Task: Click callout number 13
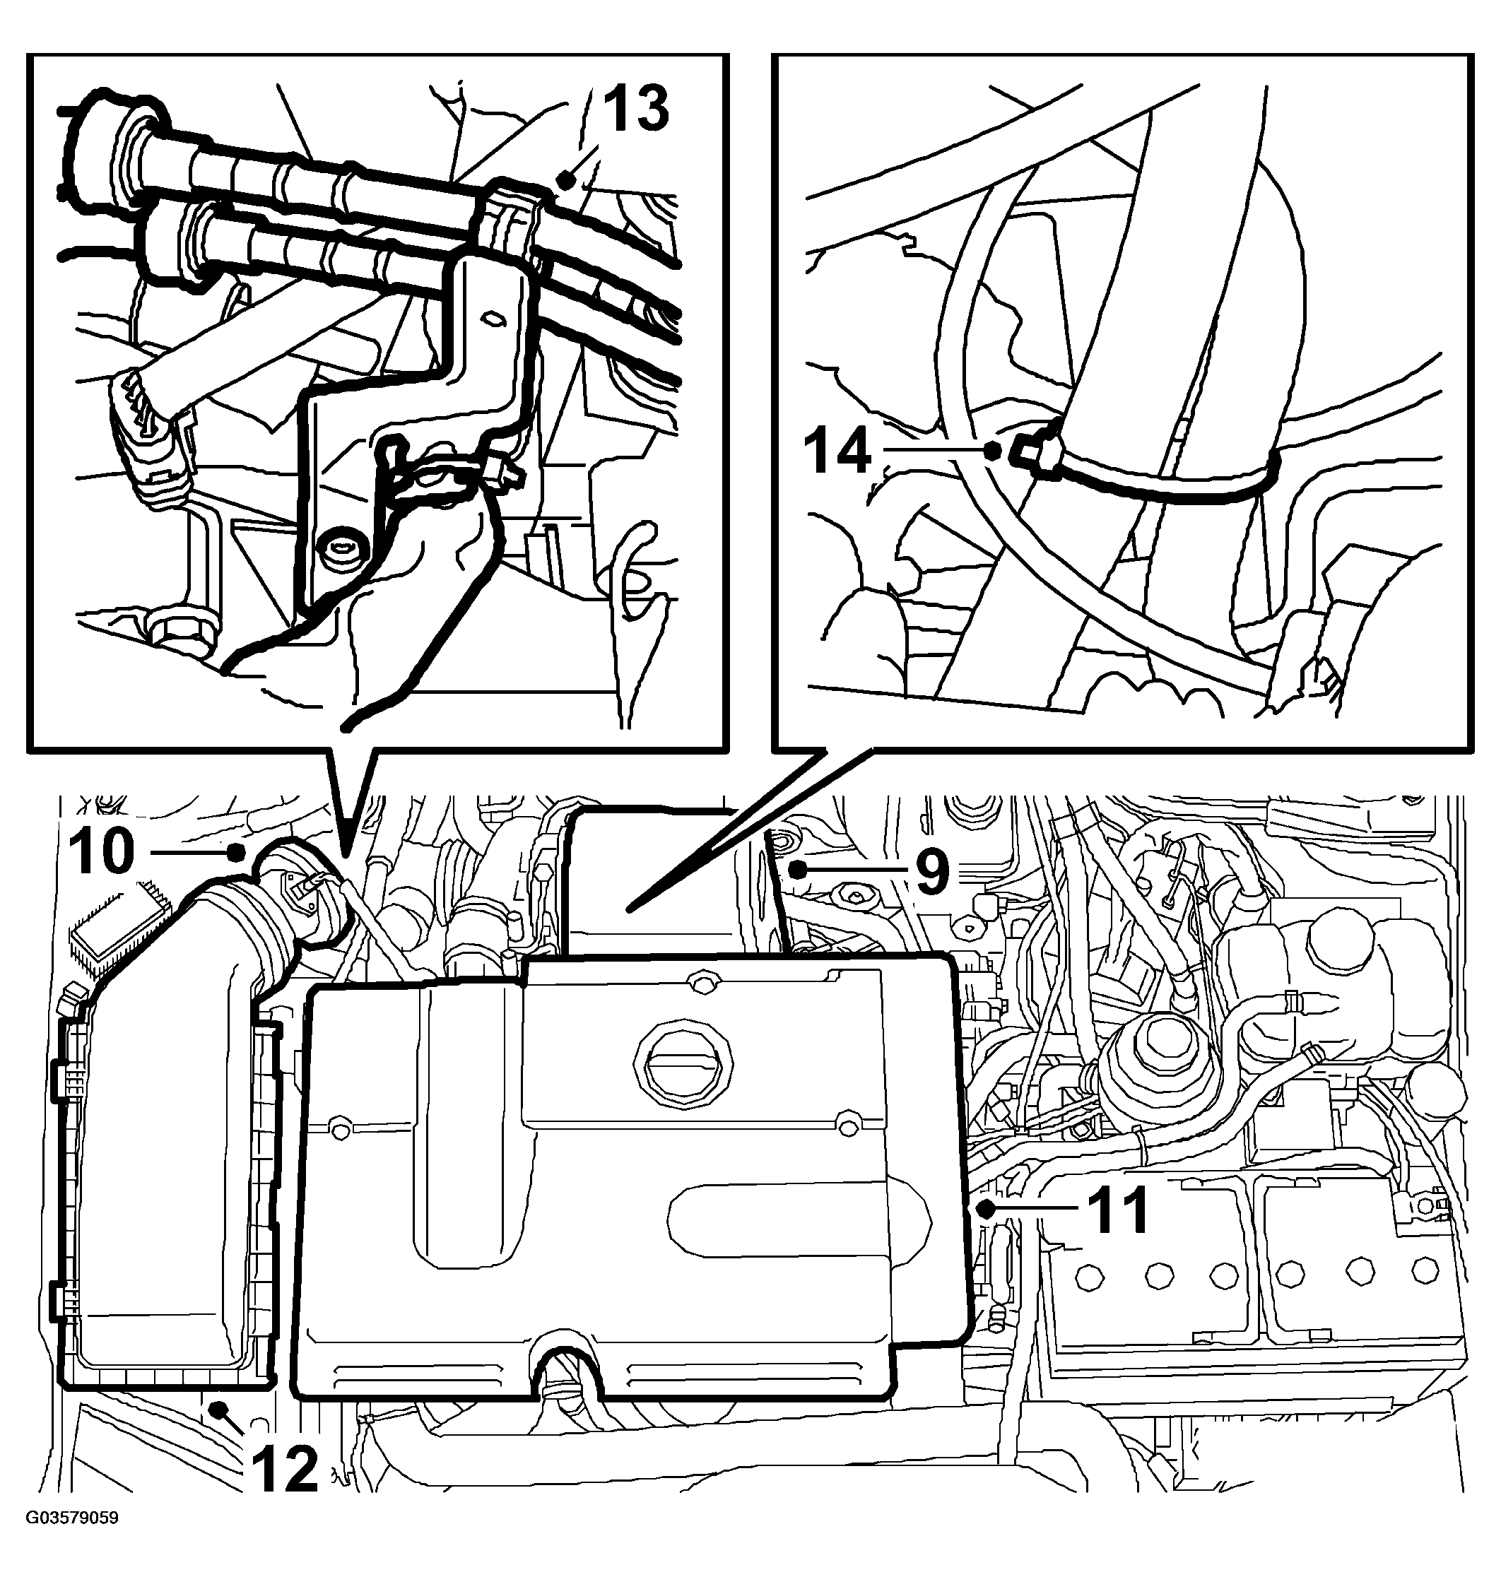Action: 635,109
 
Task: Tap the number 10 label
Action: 102,851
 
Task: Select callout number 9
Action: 932,870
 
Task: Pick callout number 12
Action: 285,1469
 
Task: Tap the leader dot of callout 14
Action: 993,451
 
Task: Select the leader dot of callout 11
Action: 987,1209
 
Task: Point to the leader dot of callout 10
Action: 236,853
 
